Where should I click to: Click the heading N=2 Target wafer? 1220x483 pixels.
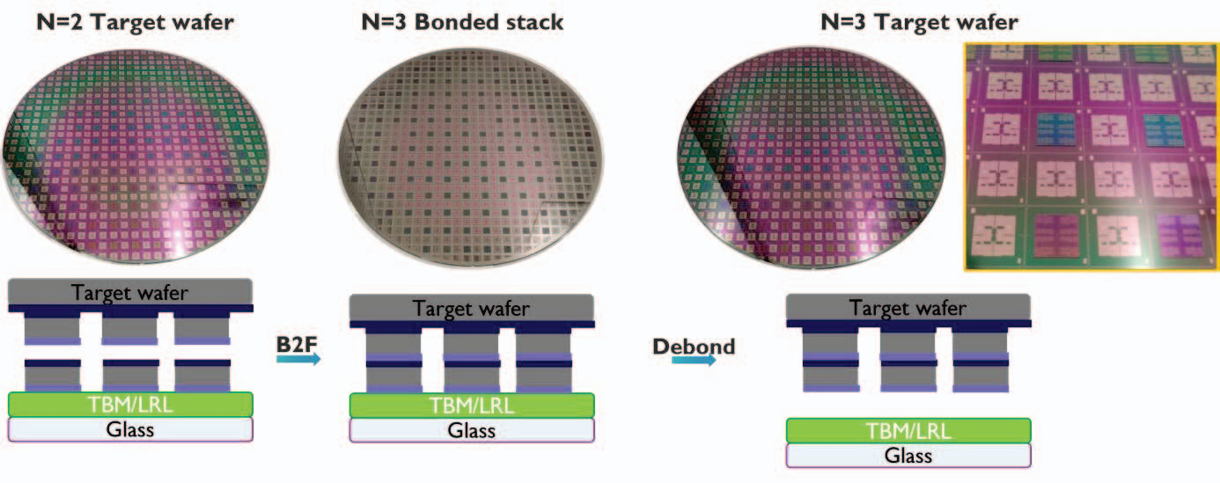135,22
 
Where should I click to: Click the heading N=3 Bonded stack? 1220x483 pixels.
462,22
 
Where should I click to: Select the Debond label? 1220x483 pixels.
693,346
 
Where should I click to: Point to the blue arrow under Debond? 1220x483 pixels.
692,362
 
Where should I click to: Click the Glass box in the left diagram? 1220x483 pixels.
130,429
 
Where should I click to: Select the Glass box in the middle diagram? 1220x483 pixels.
472,430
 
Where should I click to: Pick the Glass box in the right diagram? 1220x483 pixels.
908,455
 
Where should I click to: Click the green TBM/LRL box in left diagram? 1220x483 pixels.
130,404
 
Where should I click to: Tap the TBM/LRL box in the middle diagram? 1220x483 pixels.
472,405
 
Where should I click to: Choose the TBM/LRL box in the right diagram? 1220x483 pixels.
908,430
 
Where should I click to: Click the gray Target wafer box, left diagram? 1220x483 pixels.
130,292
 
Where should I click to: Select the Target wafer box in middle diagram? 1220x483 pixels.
472,309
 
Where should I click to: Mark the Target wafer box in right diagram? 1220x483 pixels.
908,308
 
